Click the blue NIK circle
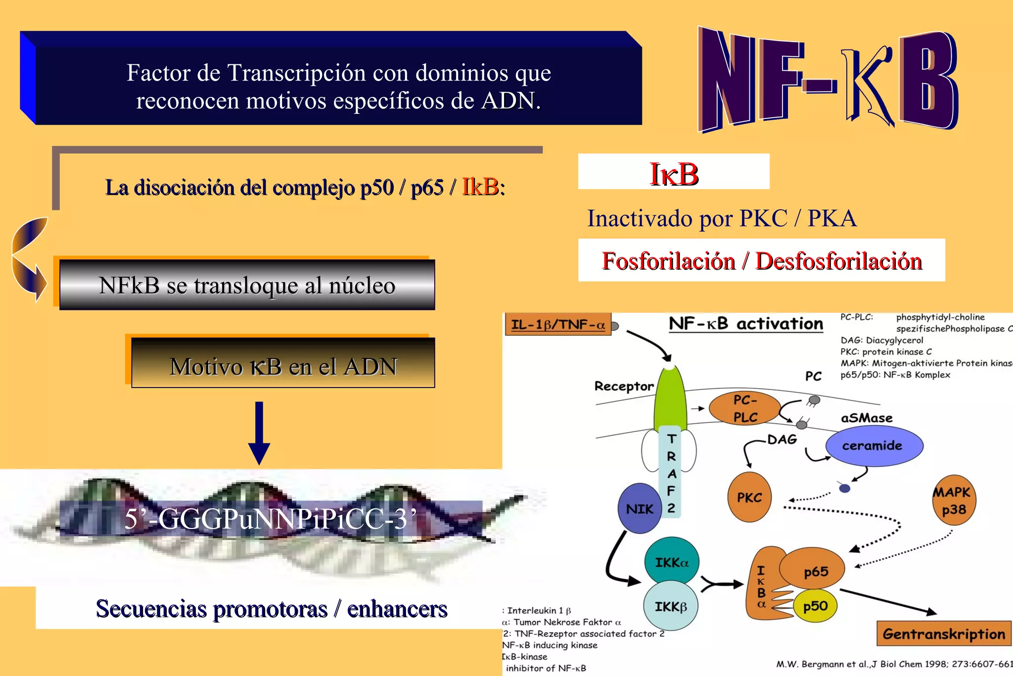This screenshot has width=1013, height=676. point(640,508)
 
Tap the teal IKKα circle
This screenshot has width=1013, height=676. point(671,562)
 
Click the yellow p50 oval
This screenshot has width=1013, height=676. point(815,606)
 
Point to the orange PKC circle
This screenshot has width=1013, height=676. point(749,497)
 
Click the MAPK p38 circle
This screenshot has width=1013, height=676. point(953,500)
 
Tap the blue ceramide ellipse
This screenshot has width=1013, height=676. point(874,445)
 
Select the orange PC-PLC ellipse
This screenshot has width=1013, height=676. point(745,408)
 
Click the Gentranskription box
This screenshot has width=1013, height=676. point(944,633)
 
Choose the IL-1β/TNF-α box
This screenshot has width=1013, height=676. point(558,325)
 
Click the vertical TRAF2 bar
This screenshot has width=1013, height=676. point(671,473)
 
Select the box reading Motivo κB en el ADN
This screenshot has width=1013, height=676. point(283,366)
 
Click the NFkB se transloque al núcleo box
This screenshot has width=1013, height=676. point(247,285)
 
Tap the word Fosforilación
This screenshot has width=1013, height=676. point(668,261)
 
